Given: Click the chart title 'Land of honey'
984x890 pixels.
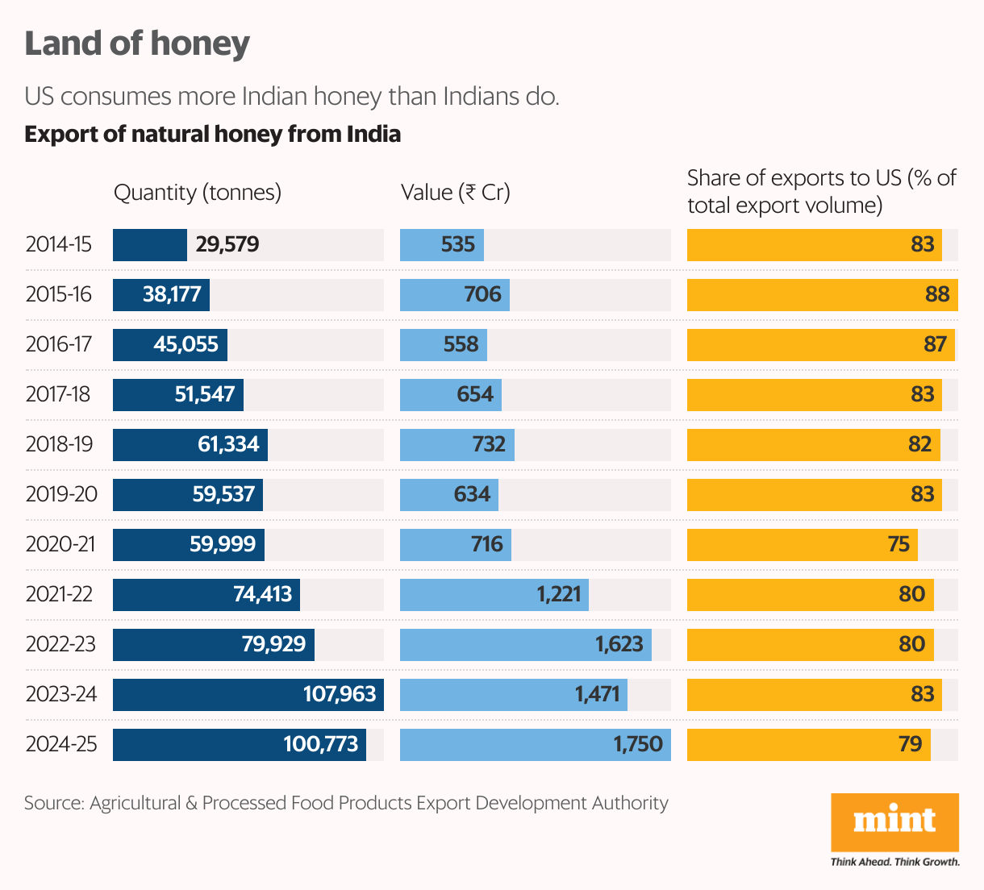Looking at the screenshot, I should pyautogui.click(x=137, y=44).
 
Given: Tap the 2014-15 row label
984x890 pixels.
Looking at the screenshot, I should pyautogui.click(x=59, y=244).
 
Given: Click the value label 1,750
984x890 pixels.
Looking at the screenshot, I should pyautogui.click(x=638, y=744).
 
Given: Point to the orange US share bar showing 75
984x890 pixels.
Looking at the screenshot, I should pyautogui.click(x=802, y=544).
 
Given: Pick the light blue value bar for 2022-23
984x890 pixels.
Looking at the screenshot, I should pyautogui.click(x=525, y=644).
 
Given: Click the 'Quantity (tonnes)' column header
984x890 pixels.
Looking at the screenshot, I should pyautogui.click(x=198, y=193).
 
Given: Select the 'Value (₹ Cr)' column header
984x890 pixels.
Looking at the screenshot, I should pyautogui.click(x=456, y=193).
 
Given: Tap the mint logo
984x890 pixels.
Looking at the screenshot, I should pyautogui.click(x=894, y=821).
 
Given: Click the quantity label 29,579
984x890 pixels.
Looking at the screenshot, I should pyautogui.click(x=227, y=244).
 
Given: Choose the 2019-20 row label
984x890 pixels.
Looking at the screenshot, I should pyautogui.click(x=61, y=494).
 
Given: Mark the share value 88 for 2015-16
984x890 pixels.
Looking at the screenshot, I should pyautogui.click(x=937, y=294).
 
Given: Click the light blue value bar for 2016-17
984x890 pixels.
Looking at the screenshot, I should pyautogui.click(x=443, y=344).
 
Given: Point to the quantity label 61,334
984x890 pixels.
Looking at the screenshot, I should pyautogui.click(x=228, y=444).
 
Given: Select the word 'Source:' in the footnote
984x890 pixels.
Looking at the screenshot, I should pyautogui.click(x=54, y=803).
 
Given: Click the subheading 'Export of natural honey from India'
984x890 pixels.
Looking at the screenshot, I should pyautogui.click(x=212, y=134).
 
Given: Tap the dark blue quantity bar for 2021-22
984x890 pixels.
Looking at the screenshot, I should pyautogui.click(x=206, y=594).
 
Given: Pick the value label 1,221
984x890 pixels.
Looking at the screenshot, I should pyautogui.click(x=559, y=594).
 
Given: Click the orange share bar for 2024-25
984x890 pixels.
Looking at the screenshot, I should pyautogui.click(x=808, y=744).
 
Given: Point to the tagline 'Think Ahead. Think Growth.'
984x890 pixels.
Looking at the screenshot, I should pyautogui.click(x=894, y=862).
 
